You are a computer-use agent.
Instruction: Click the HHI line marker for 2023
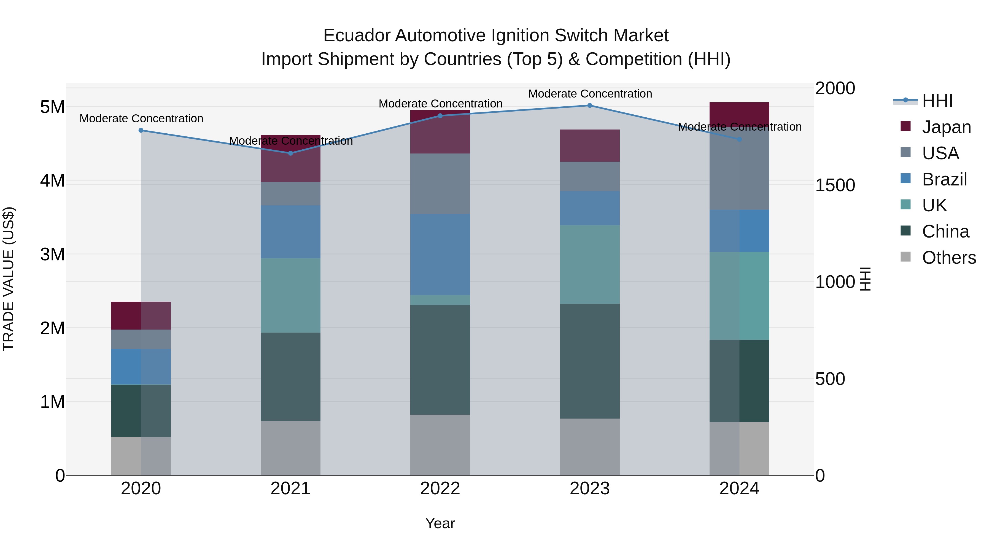(590, 106)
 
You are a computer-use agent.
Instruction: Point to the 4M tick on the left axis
(53, 180)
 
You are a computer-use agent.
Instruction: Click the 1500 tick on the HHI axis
(835, 185)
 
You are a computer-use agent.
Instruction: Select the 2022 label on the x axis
(440, 489)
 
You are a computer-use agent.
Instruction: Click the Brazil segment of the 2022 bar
(440, 255)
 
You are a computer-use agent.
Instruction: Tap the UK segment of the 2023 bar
(590, 265)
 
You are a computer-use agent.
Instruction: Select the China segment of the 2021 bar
(290, 377)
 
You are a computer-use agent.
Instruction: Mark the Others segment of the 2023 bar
(590, 447)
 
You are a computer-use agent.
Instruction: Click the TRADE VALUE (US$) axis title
(9, 279)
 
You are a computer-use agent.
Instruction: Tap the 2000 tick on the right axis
(835, 88)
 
